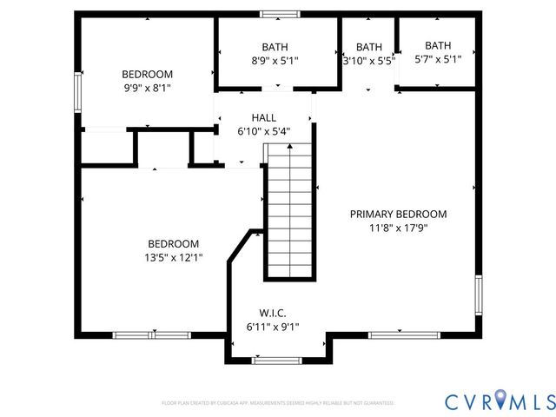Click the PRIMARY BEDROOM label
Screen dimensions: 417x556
(x=398, y=214)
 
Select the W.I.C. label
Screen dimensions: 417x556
(x=272, y=313)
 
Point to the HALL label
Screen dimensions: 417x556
(x=264, y=117)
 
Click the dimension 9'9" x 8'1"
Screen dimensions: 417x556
(x=147, y=88)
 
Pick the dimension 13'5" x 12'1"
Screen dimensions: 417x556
(x=173, y=257)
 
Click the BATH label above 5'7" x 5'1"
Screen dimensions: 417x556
(x=438, y=45)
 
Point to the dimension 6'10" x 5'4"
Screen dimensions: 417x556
(x=264, y=131)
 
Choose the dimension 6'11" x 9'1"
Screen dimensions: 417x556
(x=272, y=327)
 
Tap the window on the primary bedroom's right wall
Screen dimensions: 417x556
(x=478, y=295)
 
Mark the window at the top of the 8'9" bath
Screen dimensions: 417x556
(x=280, y=14)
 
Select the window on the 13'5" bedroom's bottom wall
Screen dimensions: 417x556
(x=152, y=334)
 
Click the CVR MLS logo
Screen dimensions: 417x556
(x=500, y=400)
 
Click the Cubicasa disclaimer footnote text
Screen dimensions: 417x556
(x=278, y=403)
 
